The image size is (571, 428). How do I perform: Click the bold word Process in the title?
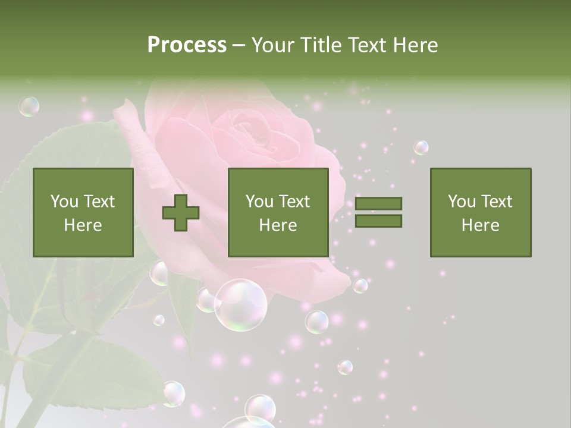tap(187, 45)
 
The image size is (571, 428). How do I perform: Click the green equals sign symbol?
tap(378, 212)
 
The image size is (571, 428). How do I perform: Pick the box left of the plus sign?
tap(83, 212)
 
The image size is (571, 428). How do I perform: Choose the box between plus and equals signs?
tap(278, 212)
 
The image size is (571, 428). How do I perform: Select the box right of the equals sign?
tap(480, 212)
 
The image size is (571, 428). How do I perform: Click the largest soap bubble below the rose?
tap(240, 305)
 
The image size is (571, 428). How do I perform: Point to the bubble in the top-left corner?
tap(29, 106)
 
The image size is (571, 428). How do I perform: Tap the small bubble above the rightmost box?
tap(421, 147)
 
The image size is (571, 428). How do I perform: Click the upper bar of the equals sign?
tap(378, 203)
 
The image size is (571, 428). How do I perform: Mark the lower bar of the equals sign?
tap(378, 221)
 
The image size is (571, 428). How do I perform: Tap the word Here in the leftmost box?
tap(83, 225)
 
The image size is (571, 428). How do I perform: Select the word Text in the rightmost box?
tap(497, 202)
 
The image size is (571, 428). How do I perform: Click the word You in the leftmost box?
tap(64, 202)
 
